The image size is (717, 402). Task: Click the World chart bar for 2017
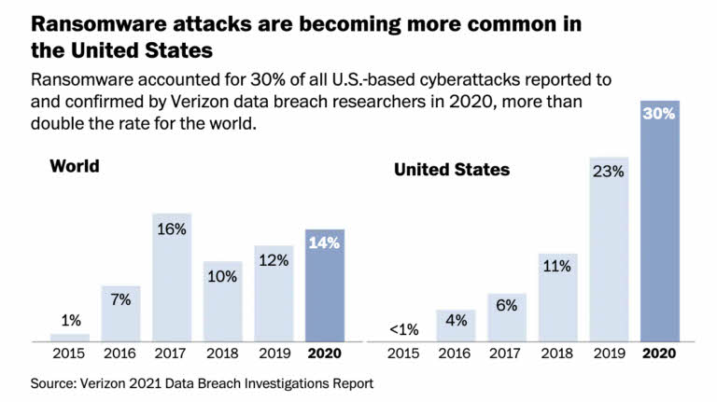[x=173, y=280]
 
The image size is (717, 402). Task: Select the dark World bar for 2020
[x=325, y=289]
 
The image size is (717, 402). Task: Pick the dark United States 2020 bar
[x=659, y=233]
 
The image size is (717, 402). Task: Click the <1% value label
[x=405, y=328]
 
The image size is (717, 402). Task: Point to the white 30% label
[x=659, y=116]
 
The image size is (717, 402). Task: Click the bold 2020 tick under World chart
[x=325, y=354]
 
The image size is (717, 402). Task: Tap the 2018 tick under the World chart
[x=223, y=354]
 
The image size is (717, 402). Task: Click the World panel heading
[x=75, y=166]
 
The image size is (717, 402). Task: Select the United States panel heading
[x=451, y=169]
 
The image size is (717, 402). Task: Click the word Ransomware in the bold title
[x=76, y=21]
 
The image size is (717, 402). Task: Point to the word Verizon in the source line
[x=85, y=382]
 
